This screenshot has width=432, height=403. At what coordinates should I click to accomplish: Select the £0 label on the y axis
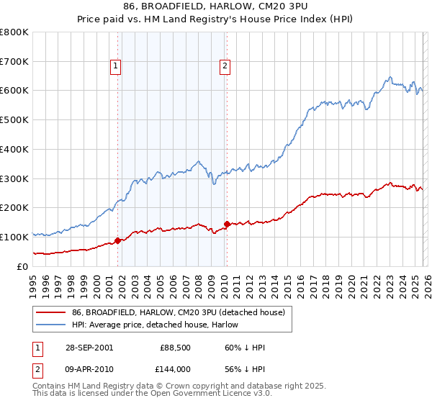pos(23,266)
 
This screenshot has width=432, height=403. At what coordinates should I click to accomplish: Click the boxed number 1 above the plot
pos(117,67)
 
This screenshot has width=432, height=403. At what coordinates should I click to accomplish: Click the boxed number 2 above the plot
pos(225,67)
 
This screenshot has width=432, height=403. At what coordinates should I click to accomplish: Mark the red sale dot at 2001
pos(118,240)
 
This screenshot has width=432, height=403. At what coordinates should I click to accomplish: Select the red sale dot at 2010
pos(227,224)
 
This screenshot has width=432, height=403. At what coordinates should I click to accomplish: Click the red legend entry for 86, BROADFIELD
pos(179,312)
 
